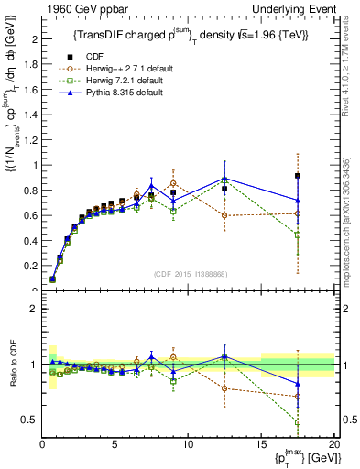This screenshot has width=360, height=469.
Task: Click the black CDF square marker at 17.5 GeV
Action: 298,176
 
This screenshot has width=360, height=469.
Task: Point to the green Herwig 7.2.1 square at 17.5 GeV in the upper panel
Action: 298,234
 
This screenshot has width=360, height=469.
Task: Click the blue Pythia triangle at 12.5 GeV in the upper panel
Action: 224,179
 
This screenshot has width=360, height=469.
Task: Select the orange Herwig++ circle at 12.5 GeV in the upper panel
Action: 224,215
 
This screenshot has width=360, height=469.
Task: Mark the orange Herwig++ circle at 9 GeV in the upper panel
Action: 173,183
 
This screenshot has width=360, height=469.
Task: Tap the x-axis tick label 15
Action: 260,444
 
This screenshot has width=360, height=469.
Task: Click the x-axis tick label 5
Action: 115,444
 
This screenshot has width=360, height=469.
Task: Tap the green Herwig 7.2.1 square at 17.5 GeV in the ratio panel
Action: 298,422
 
